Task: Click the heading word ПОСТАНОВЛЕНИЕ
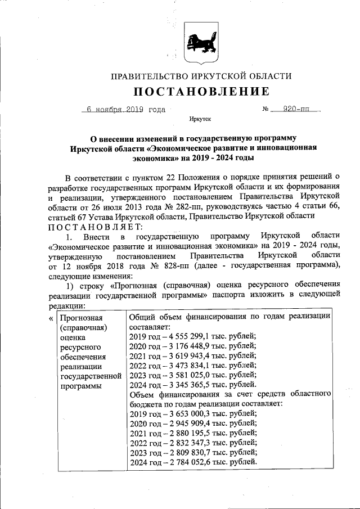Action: [201, 91]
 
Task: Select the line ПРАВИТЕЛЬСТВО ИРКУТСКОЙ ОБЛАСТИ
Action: [201, 75]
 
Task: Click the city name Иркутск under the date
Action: [200, 120]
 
